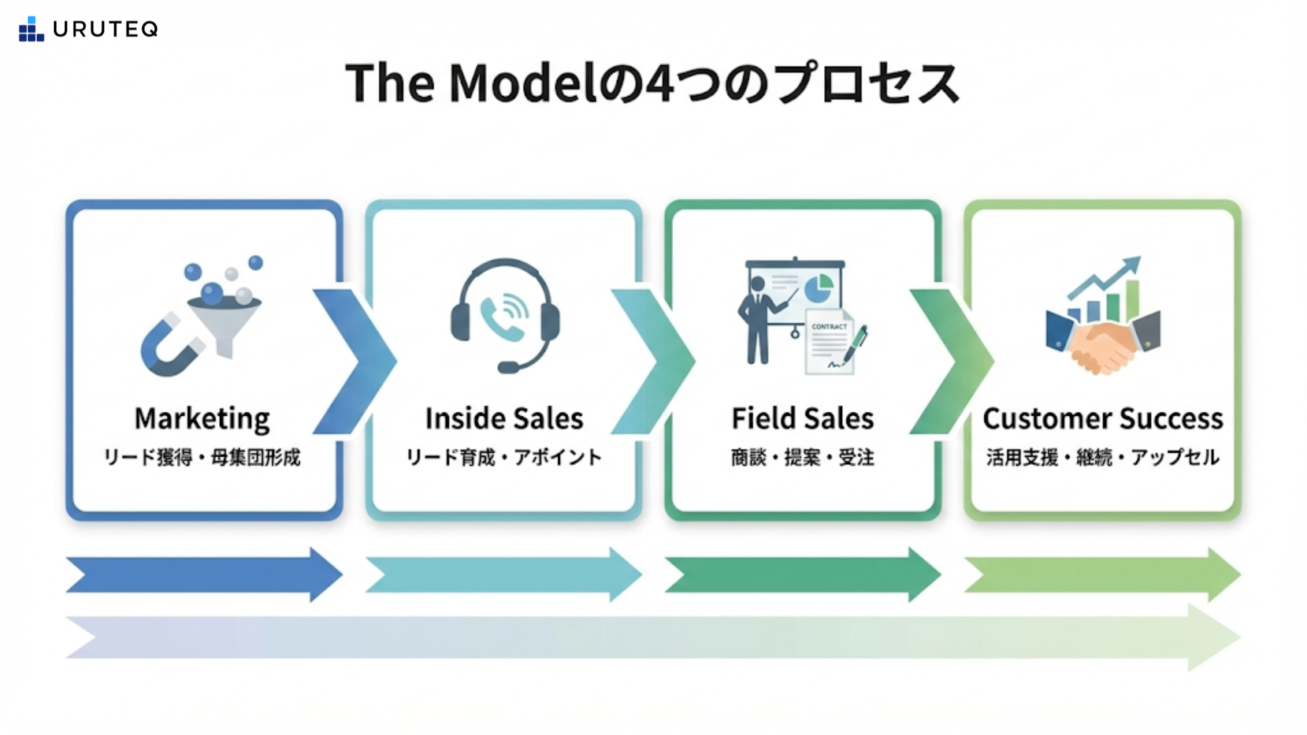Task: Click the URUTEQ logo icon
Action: [31, 29]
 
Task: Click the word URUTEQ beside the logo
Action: [106, 29]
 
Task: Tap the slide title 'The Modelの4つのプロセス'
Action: [652, 84]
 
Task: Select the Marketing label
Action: [202, 419]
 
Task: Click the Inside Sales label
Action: [504, 419]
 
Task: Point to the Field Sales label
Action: [803, 419]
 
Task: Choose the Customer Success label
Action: [1103, 419]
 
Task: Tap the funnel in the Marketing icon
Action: [223, 323]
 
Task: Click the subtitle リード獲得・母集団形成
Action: [202, 457]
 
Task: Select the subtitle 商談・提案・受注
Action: [803, 457]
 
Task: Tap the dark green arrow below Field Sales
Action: [803, 575]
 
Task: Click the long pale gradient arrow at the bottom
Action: [652, 637]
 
